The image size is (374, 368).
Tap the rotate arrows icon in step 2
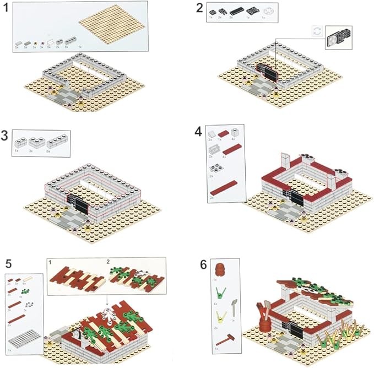pos(316,33)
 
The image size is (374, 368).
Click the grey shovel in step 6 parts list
pos(234,305)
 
